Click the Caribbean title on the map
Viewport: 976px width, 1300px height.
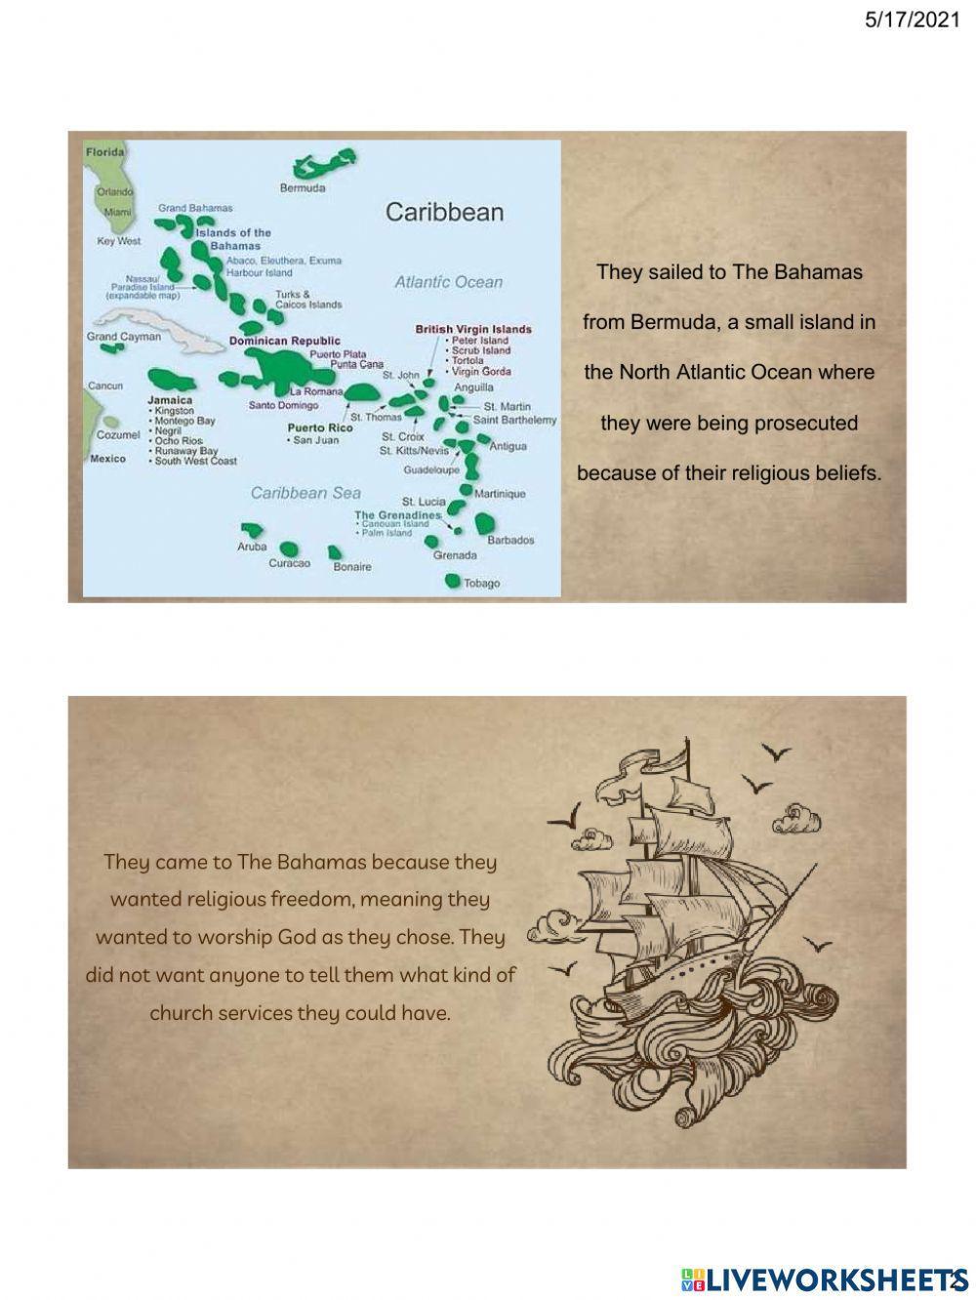pos(444,212)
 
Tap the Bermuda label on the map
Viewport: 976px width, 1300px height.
pos(303,187)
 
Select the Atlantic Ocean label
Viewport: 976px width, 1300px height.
pos(448,282)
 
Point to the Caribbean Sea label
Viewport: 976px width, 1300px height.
pos(305,493)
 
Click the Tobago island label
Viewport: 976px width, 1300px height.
pos(481,584)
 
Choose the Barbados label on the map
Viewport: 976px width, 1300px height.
pos(510,540)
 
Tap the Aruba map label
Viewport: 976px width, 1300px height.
pos(252,547)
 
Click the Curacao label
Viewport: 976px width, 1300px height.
pos(289,564)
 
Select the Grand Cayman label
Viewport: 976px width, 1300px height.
pos(124,337)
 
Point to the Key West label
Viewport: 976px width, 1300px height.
pos(119,241)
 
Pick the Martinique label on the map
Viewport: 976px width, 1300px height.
pos(500,494)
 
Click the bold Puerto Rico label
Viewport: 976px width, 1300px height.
pos(320,427)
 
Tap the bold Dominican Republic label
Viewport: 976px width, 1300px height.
pos(285,341)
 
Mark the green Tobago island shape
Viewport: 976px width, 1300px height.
pos(452,581)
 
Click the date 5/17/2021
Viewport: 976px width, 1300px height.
pos(913,20)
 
